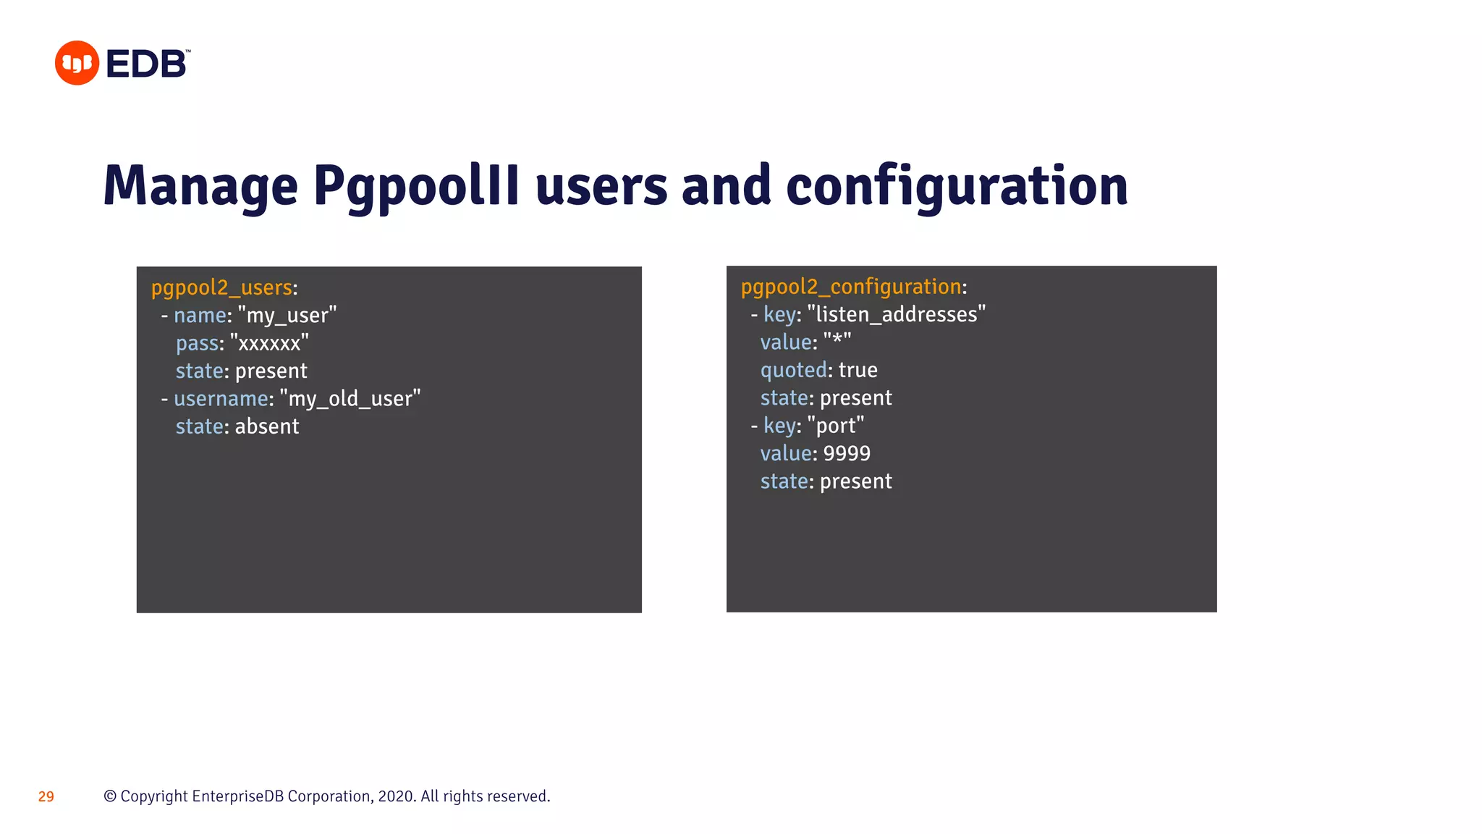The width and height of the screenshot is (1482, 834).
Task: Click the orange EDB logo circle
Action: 77,63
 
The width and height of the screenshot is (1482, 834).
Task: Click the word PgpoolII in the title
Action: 416,187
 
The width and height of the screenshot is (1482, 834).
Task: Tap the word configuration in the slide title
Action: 957,187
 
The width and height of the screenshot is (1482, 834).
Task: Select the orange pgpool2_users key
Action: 221,288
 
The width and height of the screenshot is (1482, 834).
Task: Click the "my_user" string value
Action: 287,316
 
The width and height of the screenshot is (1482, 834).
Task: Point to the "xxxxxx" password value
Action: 269,343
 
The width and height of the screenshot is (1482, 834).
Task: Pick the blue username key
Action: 221,399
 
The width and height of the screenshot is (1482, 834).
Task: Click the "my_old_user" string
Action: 350,399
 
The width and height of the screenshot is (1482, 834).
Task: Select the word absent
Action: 267,426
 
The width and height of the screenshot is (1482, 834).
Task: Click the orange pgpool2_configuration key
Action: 851,287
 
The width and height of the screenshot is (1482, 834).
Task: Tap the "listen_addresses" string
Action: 897,315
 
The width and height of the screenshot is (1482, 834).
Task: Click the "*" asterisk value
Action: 837,342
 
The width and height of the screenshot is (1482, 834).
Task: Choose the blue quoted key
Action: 793,370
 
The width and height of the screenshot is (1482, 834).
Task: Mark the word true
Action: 858,370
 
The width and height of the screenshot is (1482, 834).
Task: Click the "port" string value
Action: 836,426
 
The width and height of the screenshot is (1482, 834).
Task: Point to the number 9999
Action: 847,453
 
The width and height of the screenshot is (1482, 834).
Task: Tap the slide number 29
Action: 46,797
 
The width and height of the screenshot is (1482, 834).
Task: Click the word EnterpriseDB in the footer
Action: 237,796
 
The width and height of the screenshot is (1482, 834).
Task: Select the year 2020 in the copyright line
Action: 396,796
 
